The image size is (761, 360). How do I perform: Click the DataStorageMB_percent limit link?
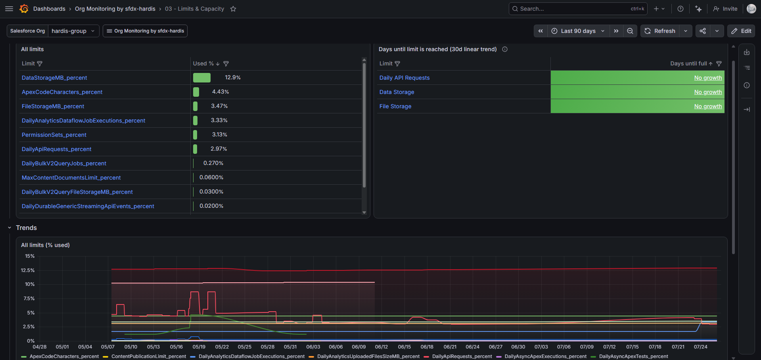pos(54,78)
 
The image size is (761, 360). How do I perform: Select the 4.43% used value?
pos(220,92)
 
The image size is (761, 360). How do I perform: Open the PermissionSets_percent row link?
pos(54,135)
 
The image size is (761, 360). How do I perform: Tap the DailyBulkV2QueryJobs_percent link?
pos(64,163)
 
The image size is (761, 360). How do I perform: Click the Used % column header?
pos(203,63)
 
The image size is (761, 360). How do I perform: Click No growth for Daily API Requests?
pos(708,78)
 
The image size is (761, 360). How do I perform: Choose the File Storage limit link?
pos(395,106)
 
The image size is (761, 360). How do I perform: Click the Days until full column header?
pos(688,63)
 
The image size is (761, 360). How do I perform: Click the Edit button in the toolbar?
pos(741,31)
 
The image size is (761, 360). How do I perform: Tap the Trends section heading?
pos(26,228)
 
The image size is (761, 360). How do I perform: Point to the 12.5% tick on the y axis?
pos(28,270)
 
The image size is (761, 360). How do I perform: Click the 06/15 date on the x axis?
pos(404,347)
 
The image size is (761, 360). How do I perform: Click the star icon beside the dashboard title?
pos(233,9)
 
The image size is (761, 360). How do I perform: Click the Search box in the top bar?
pos(578,9)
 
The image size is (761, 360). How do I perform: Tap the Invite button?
pos(725,9)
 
